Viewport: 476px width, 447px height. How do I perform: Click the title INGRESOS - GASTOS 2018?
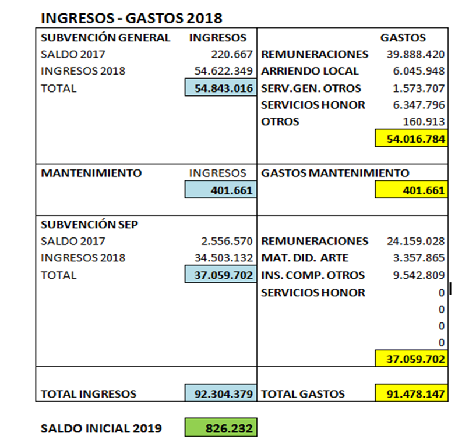(x=131, y=18)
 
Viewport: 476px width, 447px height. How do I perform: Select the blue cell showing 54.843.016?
(x=220, y=88)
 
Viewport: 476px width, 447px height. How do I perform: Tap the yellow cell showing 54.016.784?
(x=411, y=139)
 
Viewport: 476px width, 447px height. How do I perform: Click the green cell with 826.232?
(x=220, y=428)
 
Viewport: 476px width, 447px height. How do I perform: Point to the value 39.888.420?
(x=415, y=55)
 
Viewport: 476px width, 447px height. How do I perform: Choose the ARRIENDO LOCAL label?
(x=310, y=72)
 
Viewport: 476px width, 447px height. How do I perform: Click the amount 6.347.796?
(x=415, y=105)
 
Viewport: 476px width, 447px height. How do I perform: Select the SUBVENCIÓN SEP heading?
(x=89, y=225)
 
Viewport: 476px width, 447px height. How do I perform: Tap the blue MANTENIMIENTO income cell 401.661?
(x=220, y=190)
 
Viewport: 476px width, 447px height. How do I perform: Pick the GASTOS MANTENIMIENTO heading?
(x=335, y=173)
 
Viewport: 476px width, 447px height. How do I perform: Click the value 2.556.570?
(x=227, y=241)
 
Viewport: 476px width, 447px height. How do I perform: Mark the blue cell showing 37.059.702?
(x=220, y=275)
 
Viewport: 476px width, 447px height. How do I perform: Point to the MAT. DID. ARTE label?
(x=305, y=258)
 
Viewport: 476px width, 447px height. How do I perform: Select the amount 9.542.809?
(x=415, y=275)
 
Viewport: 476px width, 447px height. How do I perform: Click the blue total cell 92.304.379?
(x=220, y=393)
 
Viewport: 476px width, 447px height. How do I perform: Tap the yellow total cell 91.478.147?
(x=411, y=393)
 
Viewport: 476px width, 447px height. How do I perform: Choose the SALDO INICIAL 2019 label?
(x=101, y=428)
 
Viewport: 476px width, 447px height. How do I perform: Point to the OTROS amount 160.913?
(x=424, y=122)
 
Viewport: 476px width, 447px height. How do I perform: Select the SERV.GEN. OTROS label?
(x=311, y=88)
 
